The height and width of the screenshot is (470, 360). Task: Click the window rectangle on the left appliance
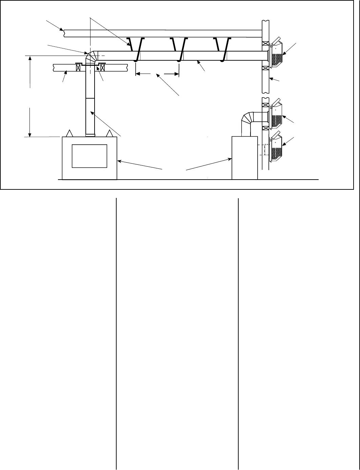pyautogui.click(x=89, y=156)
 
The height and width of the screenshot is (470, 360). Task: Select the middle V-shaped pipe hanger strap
pyautogui.click(x=180, y=49)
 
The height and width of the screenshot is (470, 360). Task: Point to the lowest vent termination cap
pyautogui.click(x=277, y=147)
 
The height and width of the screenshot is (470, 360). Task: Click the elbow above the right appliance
pyautogui.click(x=247, y=119)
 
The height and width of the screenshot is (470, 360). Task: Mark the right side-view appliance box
pyautogui.click(x=244, y=158)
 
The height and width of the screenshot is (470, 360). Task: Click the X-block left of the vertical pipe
pyautogui.click(x=78, y=67)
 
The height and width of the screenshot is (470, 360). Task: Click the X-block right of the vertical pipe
pyautogui.click(x=103, y=67)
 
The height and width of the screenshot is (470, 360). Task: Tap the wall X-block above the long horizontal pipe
pyautogui.click(x=265, y=44)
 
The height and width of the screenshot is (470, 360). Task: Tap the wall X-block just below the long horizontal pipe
pyautogui.click(x=265, y=67)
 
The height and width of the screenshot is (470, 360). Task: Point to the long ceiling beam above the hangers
pyautogui.click(x=163, y=33)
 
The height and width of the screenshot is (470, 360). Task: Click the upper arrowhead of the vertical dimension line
pyautogui.click(x=31, y=58)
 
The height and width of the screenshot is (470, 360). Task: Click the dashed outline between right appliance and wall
pyautogui.click(x=263, y=149)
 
